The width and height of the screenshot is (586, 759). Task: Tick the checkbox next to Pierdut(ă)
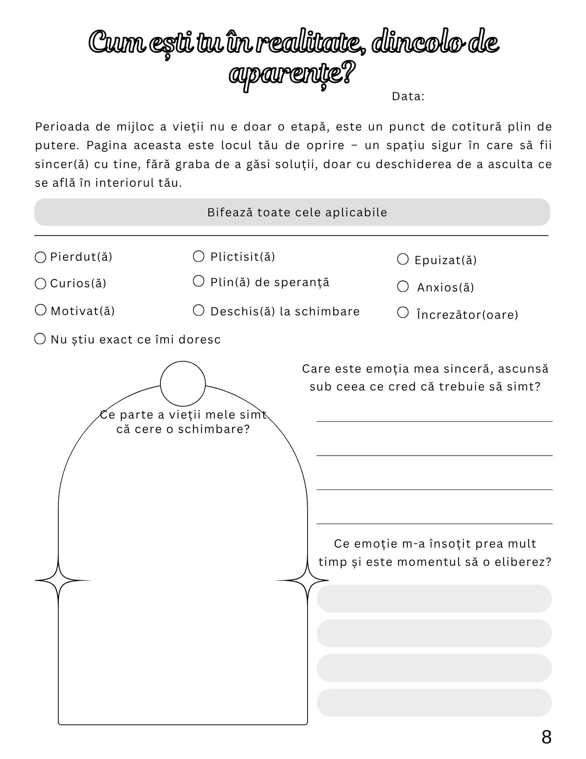pos(40,257)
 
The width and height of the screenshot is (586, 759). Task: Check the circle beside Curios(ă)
pos(40,283)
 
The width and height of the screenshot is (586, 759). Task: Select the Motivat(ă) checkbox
pos(40,310)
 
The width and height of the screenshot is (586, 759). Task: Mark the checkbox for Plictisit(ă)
pos(198,256)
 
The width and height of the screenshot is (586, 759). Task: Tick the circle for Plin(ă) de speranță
pos(198,281)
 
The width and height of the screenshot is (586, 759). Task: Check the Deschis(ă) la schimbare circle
pos(198,310)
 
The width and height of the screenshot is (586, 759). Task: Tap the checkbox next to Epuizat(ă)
pos(402,259)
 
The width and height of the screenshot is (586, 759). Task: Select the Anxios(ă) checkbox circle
pos(402,287)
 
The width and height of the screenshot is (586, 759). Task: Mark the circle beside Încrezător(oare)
pos(402,313)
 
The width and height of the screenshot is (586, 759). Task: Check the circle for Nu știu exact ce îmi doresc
pos(40,339)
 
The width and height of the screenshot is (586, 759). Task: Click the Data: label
pos(408,96)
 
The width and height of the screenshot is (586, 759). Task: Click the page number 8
pos(546,737)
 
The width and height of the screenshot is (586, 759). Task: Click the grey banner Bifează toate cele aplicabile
pos(292,212)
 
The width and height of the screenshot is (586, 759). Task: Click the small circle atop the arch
pos(183,384)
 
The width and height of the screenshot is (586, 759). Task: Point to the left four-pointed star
pos(58,580)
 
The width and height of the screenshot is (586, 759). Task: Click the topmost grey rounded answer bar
pos(434,598)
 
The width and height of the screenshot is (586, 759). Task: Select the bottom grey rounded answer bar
pos(434,702)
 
